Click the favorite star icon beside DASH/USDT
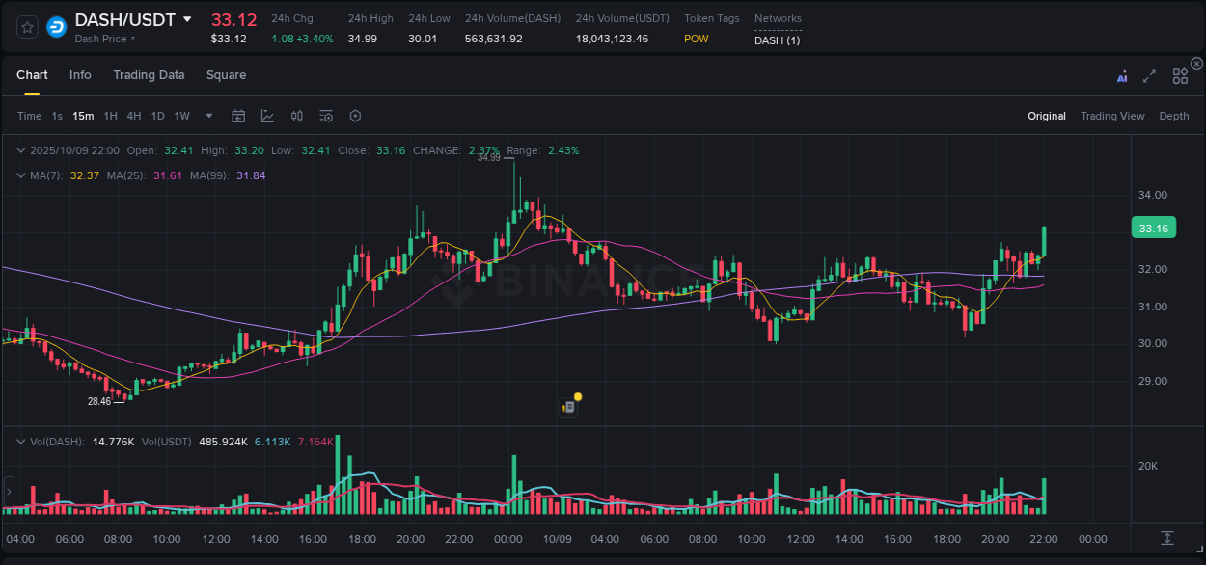point(28,27)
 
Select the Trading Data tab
point(149,75)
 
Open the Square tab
point(226,75)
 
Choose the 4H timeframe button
point(133,116)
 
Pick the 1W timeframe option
point(181,116)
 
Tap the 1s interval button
point(57,116)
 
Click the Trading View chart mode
point(1111,116)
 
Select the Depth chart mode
point(1173,116)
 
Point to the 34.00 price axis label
point(1154,195)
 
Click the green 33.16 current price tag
point(1153,229)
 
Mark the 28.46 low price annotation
point(99,401)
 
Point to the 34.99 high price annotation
point(488,157)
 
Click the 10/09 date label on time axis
point(557,539)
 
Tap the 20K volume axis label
point(1148,466)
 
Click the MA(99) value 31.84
point(251,175)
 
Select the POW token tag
point(697,39)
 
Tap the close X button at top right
point(1196,64)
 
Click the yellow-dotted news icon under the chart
point(570,406)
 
